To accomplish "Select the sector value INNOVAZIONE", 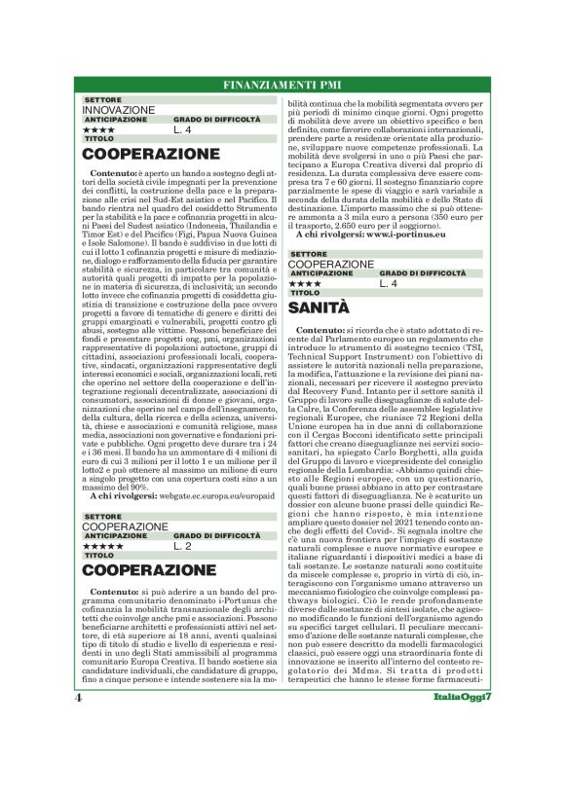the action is click(120, 110).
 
